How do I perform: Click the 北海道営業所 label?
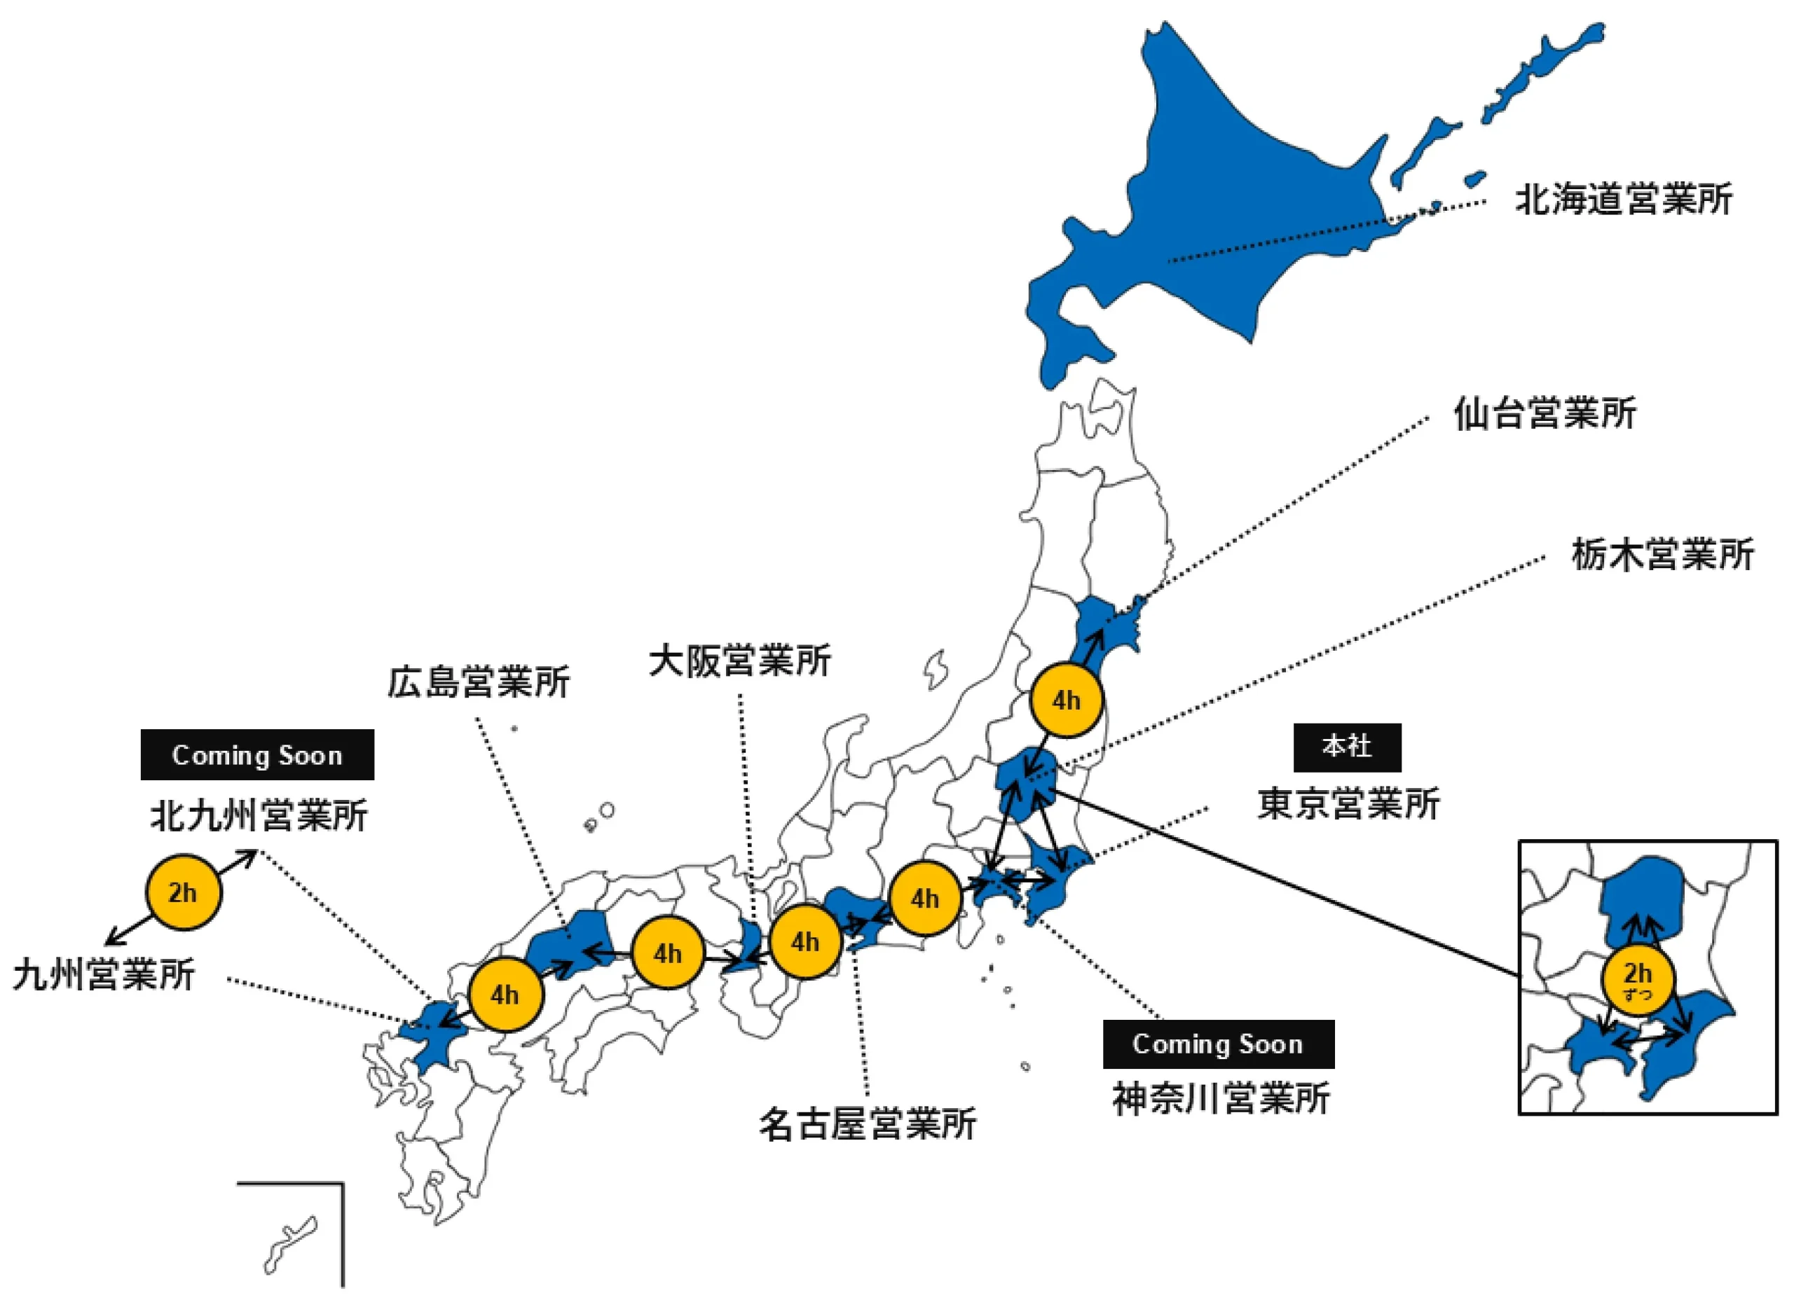point(1623,199)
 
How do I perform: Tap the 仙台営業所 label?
point(1545,413)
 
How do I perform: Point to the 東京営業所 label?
point(1350,804)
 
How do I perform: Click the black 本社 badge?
point(1347,747)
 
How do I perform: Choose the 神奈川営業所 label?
point(1221,1099)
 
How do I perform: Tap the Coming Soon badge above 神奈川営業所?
point(1218,1044)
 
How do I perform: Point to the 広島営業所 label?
point(479,682)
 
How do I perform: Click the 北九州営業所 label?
point(259,815)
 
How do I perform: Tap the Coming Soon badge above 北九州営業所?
point(257,755)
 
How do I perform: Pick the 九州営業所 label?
point(104,975)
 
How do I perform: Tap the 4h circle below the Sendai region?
point(1067,700)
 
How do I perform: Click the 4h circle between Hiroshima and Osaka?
point(668,953)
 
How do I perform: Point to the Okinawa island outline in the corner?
point(289,1246)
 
